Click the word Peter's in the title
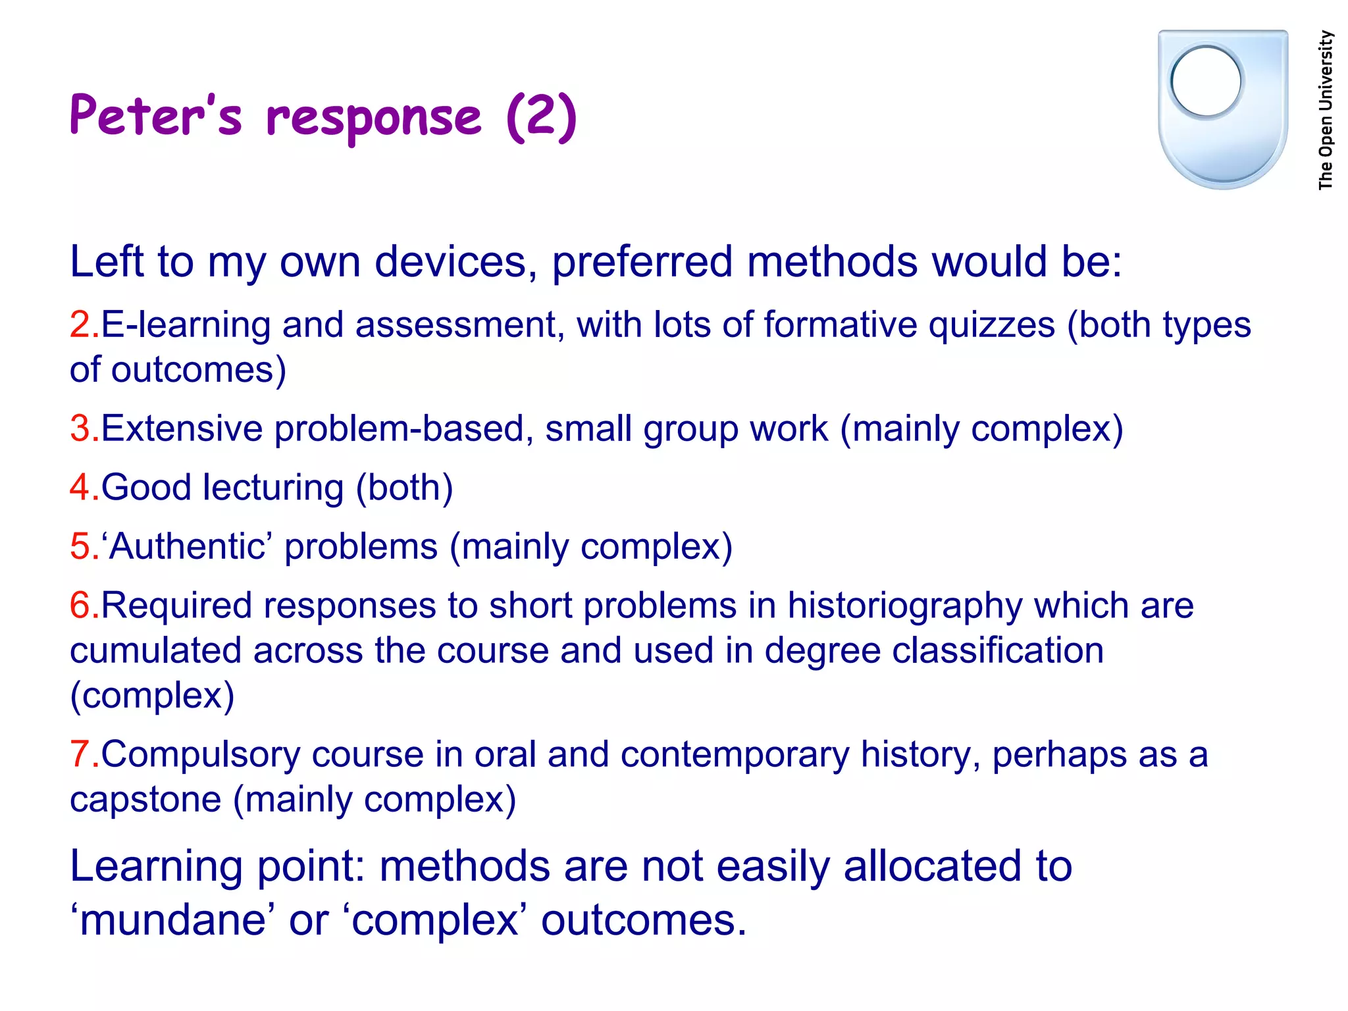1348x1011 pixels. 155,116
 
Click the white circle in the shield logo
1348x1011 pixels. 1206,82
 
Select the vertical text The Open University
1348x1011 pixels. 1326,110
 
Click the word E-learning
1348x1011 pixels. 186,325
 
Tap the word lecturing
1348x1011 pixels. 273,488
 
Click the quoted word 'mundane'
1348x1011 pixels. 172,920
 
